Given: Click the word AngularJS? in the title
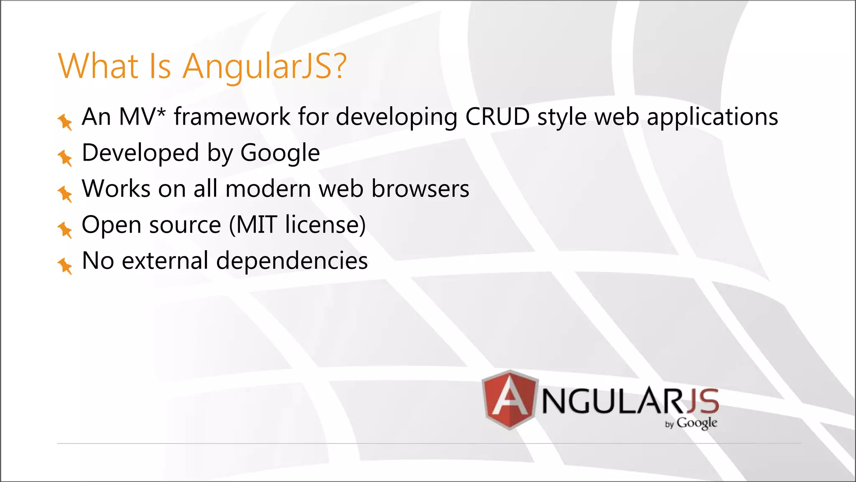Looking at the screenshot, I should pos(264,66).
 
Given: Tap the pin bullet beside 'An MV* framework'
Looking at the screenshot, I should pos(65,121).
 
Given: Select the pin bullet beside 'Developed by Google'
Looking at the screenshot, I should pos(65,157).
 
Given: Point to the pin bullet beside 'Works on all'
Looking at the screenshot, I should pos(65,193).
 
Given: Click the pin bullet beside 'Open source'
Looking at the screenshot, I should pos(65,229).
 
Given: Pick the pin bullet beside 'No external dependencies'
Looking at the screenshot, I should pos(65,265).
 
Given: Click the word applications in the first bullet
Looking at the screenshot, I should pos(712,117).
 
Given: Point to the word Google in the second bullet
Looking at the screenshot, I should pos(280,153).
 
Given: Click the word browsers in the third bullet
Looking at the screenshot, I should pos(420,189).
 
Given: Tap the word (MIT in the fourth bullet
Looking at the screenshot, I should pos(253,225).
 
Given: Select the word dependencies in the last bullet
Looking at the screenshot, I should pos(292,261).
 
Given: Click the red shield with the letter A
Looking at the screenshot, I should pos(510,400).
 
